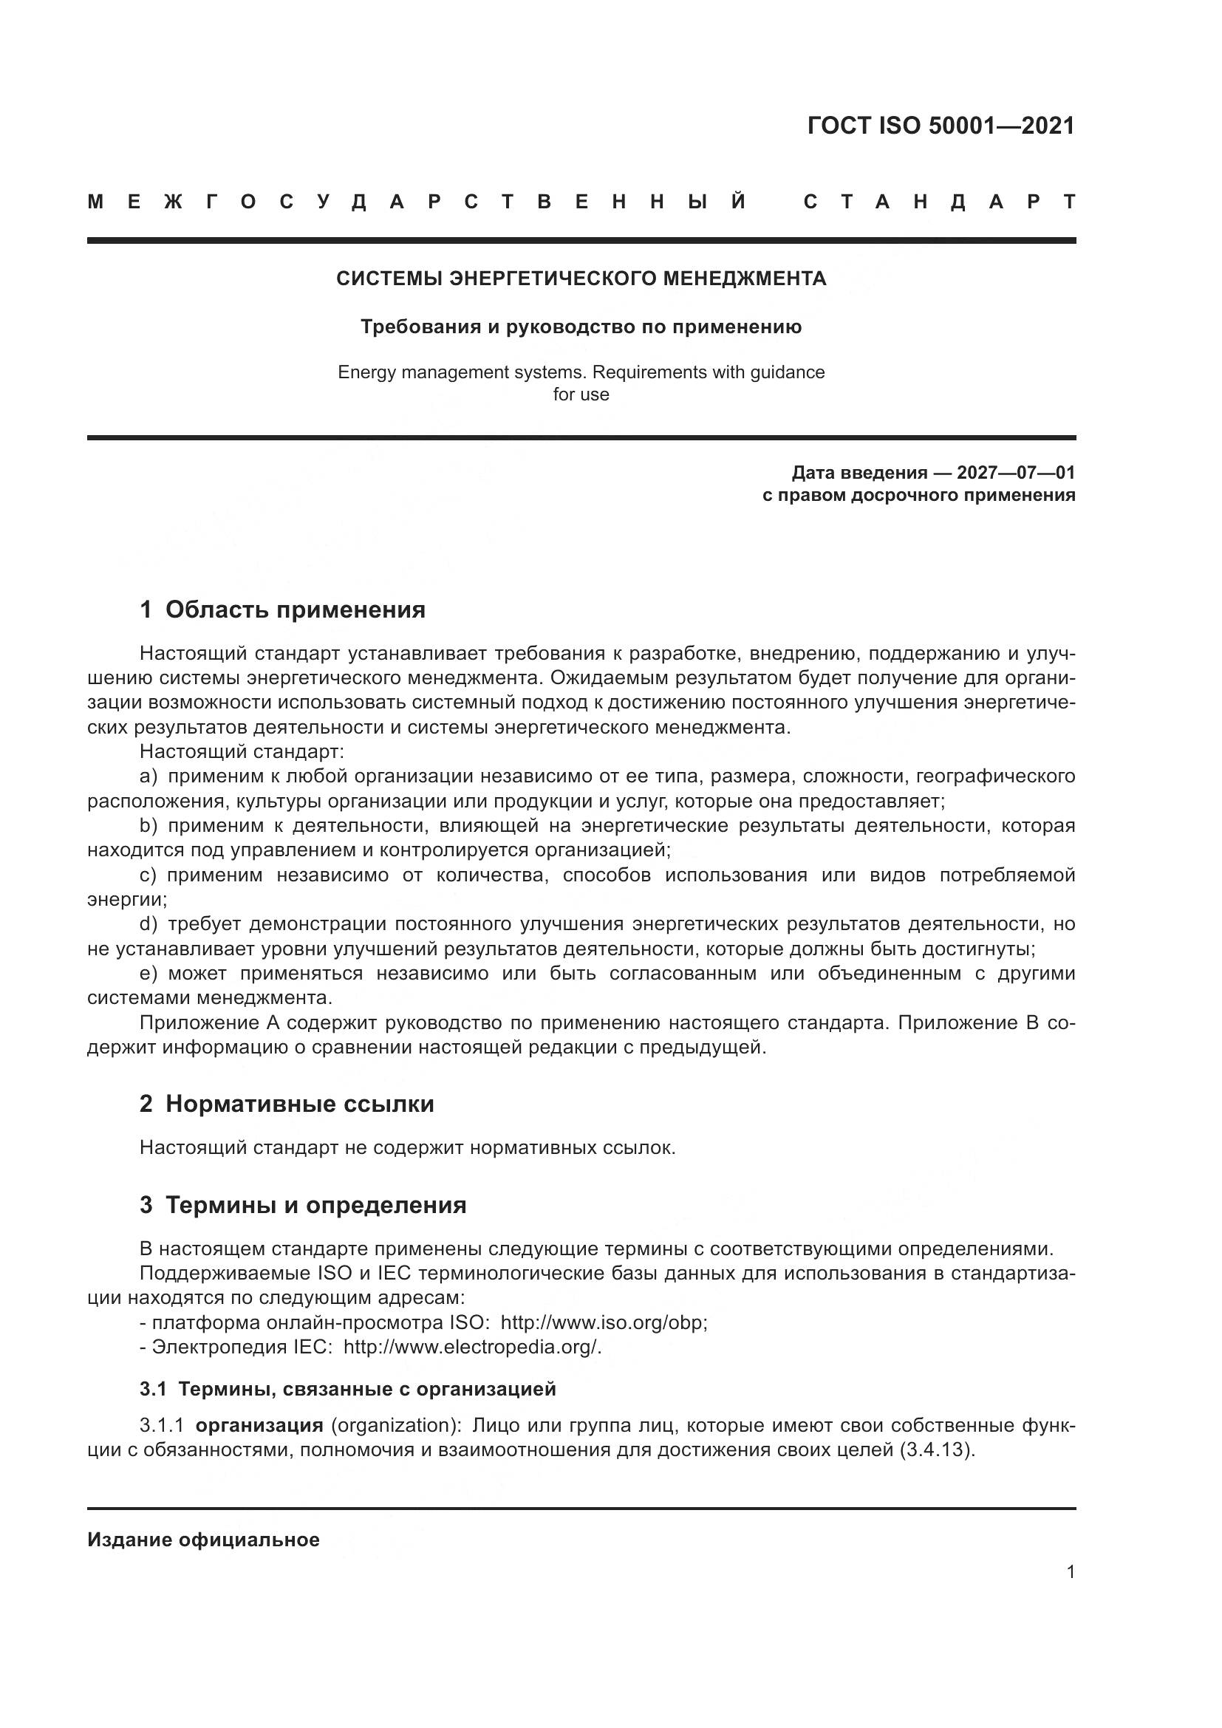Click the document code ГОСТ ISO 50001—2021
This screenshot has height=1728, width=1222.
(941, 126)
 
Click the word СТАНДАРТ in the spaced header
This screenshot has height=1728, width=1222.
(939, 202)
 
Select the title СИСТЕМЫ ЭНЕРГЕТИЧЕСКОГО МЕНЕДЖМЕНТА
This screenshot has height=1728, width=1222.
(581, 279)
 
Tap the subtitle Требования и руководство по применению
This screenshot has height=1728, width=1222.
(581, 327)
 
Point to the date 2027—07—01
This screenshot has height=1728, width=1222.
(1016, 474)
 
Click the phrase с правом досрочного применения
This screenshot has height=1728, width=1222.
(918, 496)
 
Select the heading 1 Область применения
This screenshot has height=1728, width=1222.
(283, 609)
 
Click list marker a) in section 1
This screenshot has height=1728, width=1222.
(149, 776)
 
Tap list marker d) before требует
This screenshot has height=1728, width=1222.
(149, 924)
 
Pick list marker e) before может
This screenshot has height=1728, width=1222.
(149, 974)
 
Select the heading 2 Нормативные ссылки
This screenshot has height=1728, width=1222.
(287, 1104)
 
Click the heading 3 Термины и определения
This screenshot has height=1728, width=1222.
(303, 1205)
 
